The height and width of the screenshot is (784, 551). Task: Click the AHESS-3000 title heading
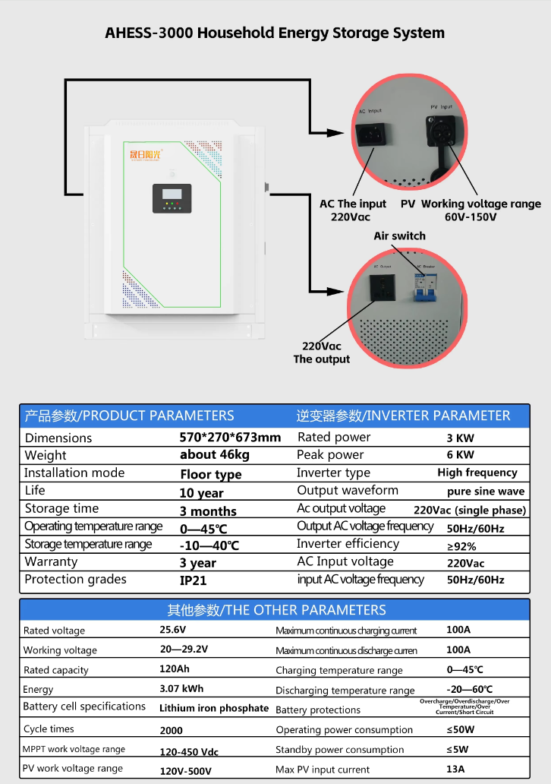click(x=275, y=33)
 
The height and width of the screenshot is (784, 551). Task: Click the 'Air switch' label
click(x=399, y=236)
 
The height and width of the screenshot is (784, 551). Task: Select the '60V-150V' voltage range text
click(x=471, y=217)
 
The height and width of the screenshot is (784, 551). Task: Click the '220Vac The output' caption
click(x=322, y=352)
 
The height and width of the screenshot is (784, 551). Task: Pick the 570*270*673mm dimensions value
click(x=230, y=437)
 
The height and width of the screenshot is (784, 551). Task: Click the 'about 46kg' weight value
click(x=215, y=454)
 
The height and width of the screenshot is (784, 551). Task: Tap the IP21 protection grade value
click(x=194, y=580)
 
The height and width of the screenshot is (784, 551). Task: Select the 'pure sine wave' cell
click(x=486, y=491)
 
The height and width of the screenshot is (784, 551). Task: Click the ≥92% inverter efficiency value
click(x=461, y=546)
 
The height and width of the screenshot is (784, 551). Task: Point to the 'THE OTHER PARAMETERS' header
click(x=276, y=609)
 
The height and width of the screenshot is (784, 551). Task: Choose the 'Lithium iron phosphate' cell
click(x=214, y=708)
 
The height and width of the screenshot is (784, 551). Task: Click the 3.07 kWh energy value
click(x=181, y=688)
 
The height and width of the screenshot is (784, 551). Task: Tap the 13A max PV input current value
click(x=455, y=769)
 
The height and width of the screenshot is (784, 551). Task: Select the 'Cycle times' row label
click(x=49, y=729)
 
